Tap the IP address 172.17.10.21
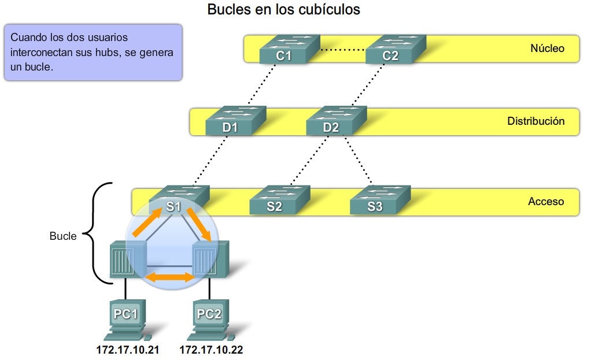point(127,350)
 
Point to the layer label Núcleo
point(546,49)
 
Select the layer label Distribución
point(535,121)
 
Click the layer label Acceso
point(545,202)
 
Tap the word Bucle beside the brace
point(63,236)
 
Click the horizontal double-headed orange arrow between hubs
point(169,278)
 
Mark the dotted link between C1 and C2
point(342,50)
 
